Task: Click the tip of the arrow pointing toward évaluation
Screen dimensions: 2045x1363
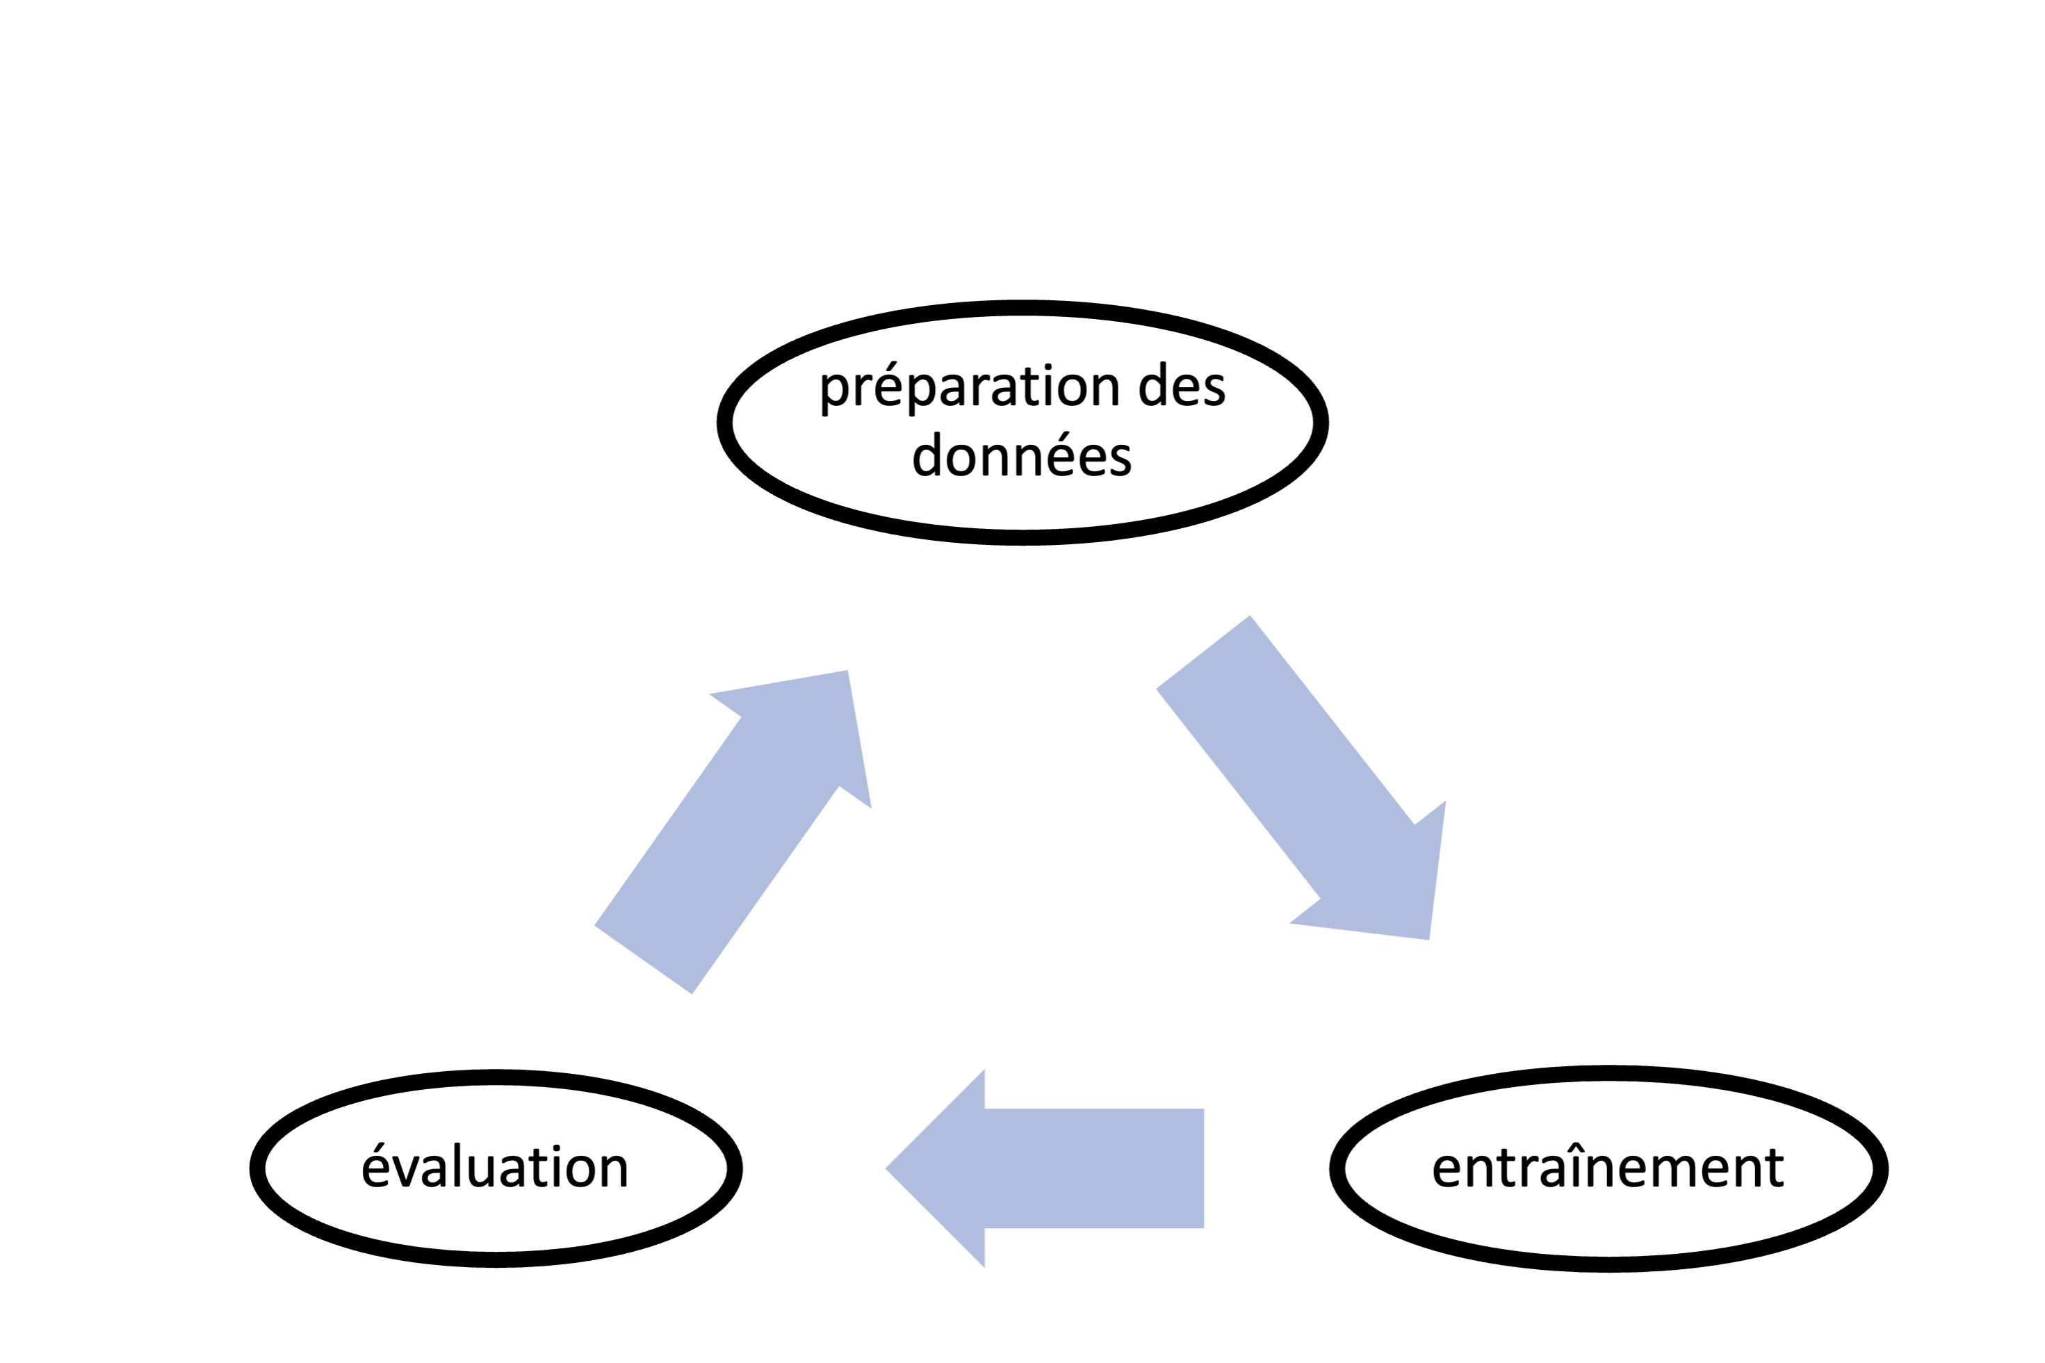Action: click(886, 1169)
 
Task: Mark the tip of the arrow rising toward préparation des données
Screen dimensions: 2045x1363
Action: click(847, 670)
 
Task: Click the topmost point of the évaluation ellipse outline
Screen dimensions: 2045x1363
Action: click(496, 1074)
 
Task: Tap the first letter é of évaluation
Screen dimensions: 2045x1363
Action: click(376, 1166)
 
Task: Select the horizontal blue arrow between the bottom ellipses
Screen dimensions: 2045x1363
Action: click(1045, 1169)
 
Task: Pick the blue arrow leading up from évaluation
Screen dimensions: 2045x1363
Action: click(733, 832)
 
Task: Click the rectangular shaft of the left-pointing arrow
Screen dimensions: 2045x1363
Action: click(1094, 1169)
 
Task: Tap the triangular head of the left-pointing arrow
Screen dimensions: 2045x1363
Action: click(935, 1169)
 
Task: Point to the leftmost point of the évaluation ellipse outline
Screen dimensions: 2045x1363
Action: click(250, 1169)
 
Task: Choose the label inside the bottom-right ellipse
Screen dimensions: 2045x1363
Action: click(1608, 1166)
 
